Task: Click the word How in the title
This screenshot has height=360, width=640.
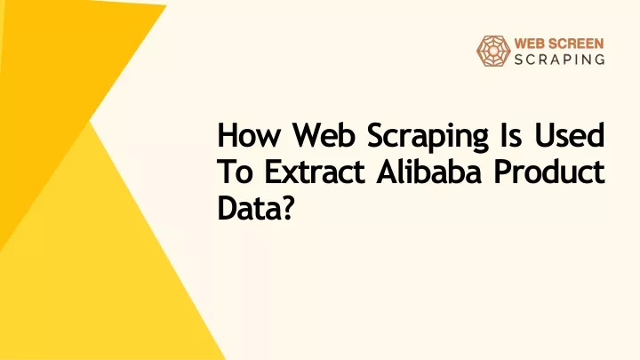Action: pyautogui.click(x=248, y=135)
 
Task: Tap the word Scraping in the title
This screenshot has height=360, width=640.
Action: pyautogui.click(x=428, y=138)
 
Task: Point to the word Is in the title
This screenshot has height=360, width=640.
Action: pyautogui.click(x=510, y=135)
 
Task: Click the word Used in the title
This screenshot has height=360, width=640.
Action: pyautogui.click(x=570, y=135)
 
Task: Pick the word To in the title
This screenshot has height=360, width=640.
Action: pyautogui.click(x=235, y=172)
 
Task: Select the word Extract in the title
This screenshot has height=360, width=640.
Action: pyautogui.click(x=315, y=172)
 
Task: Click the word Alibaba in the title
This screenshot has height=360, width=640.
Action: pyautogui.click(x=428, y=171)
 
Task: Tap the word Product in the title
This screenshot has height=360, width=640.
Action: pyautogui.click(x=549, y=171)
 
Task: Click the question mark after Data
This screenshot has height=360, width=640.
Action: pyautogui.click(x=287, y=208)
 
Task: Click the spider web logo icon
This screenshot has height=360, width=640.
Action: pyautogui.click(x=493, y=51)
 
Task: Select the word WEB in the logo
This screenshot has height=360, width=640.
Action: pyautogui.click(x=529, y=44)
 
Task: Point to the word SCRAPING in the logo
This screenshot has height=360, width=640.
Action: pyautogui.click(x=559, y=60)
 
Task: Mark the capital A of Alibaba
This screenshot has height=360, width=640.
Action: pyautogui.click(x=387, y=172)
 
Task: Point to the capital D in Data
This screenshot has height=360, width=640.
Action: pyautogui.click(x=227, y=208)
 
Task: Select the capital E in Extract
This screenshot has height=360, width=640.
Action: pyautogui.click(x=272, y=172)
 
